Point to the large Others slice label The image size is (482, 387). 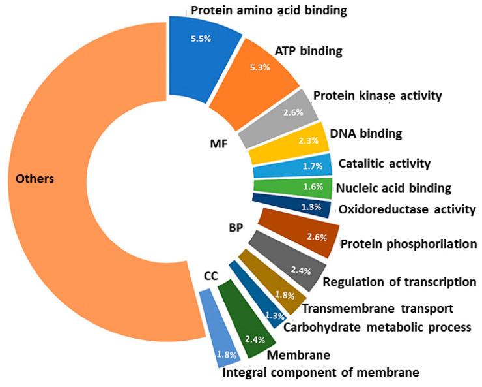pyautogui.click(x=35, y=178)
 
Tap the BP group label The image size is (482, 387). pyautogui.click(x=236, y=229)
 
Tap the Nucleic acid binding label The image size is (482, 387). pyautogui.click(x=393, y=189)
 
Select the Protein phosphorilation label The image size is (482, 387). pyautogui.click(x=409, y=244)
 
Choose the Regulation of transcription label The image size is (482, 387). pyautogui.click(x=400, y=282)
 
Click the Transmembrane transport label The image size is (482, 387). pyautogui.click(x=377, y=308)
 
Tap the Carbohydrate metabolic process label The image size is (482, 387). pyautogui.click(x=377, y=326)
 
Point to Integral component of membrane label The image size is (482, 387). pyautogui.click(x=320, y=373)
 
